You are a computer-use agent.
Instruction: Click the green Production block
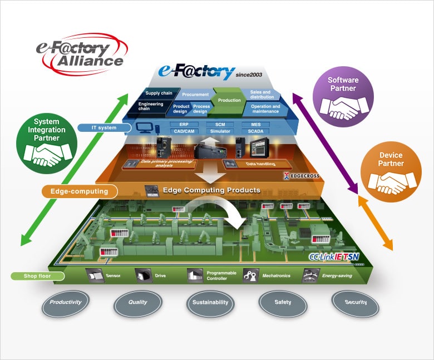click(229, 101)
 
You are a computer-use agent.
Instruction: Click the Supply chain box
click(159, 93)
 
